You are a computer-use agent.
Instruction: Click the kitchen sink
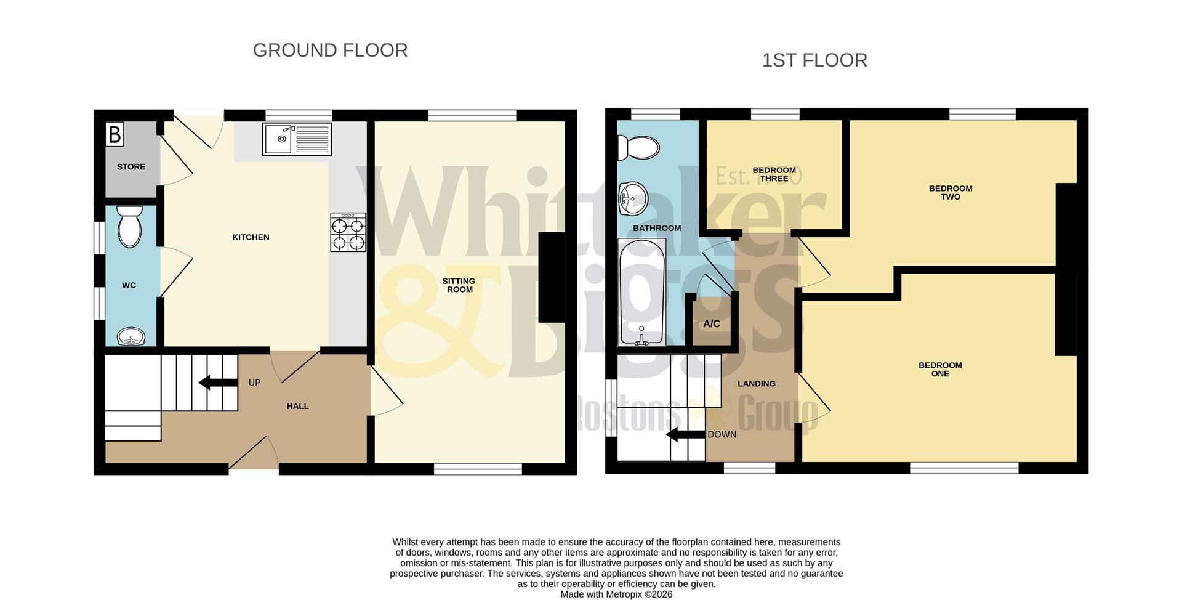coord(296,139)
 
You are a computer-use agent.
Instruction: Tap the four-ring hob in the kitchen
coord(348,232)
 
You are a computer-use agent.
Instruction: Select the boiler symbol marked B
coord(115,134)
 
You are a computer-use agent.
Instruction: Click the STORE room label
coord(131,167)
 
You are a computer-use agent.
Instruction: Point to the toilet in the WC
coord(130,227)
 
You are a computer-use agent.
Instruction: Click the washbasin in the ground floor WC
coord(131,336)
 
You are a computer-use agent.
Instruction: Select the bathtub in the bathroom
coord(641,291)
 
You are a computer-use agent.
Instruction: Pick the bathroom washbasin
coord(632,199)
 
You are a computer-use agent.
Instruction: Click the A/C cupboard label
coord(712,324)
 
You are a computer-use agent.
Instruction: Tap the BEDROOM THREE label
coord(774,174)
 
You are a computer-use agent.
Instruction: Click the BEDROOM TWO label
coord(951,193)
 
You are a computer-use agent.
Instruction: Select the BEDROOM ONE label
coord(940,370)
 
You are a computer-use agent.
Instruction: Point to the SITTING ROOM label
coord(459,285)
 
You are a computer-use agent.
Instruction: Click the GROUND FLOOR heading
coord(330,51)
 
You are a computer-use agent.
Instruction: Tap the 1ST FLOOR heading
coord(814,60)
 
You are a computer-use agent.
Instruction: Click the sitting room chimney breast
coord(552,277)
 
